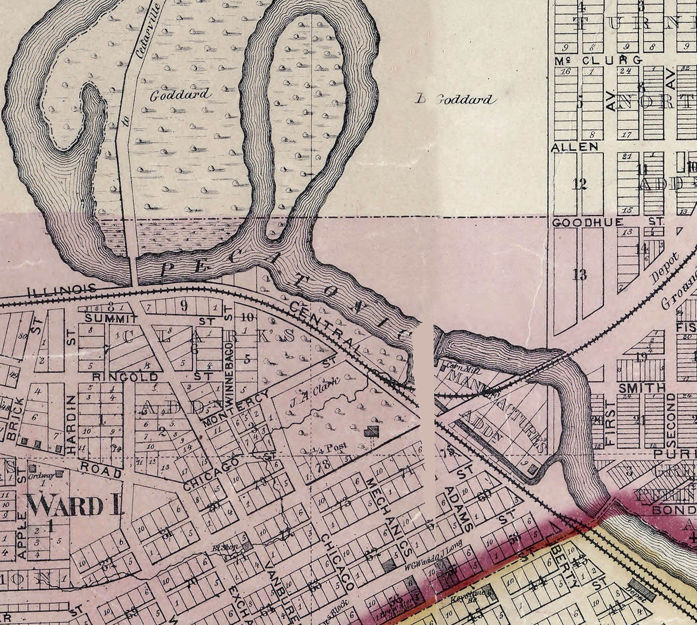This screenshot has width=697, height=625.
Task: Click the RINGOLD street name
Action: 125,377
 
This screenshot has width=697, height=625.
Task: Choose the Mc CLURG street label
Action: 597,60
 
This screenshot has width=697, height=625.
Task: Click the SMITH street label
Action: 641,388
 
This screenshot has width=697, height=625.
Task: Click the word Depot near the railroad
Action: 665,267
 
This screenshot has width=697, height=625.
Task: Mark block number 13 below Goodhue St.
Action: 579,275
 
